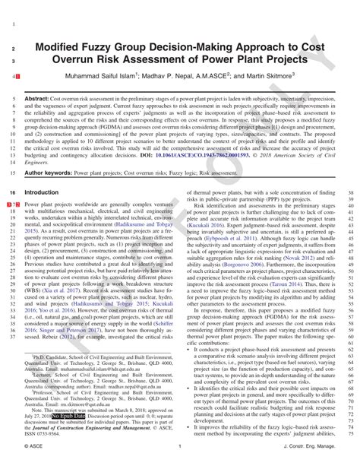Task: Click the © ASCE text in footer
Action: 34,446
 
